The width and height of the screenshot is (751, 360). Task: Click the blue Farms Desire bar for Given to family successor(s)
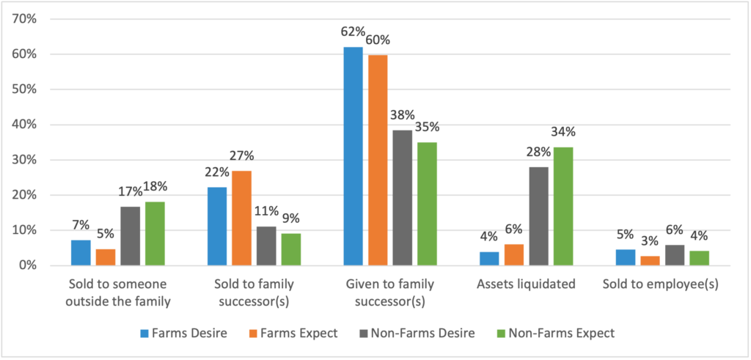(x=353, y=155)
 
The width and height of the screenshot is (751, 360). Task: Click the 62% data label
(x=353, y=32)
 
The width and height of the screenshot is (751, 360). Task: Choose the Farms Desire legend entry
(x=183, y=333)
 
